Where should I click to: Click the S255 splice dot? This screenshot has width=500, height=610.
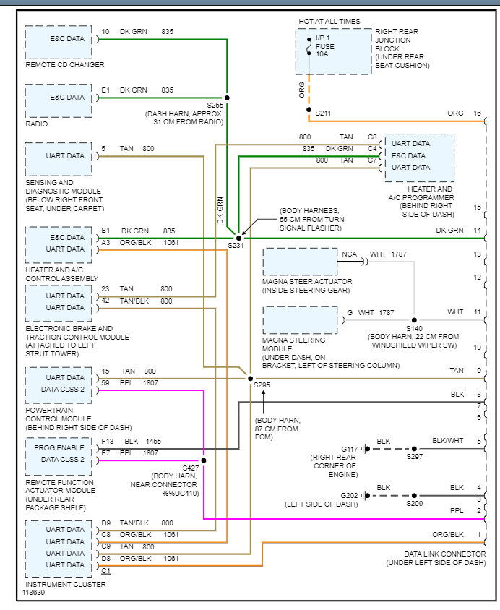(x=227, y=97)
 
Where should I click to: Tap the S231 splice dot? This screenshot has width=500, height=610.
(x=239, y=237)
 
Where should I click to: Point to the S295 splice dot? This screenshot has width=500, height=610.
(x=251, y=378)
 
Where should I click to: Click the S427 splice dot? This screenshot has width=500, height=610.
(x=204, y=460)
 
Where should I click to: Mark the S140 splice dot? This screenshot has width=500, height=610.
(x=414, y=319)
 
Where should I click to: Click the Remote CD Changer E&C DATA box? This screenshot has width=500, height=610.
(x=59, y=43)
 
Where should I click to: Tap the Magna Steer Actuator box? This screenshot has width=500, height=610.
(x=299, y=262)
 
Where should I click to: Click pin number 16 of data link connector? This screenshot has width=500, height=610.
(x=477, y=113)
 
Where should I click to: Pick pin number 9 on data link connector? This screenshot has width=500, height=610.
(x=478, y=371)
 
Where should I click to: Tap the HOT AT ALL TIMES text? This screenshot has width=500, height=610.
(x=329, y=22)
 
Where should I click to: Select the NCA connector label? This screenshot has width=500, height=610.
(x=349, y=254)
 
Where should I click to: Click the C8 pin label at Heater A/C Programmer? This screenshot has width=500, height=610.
(x=372, y=137)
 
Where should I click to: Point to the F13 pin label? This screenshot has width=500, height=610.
(x=107, y=440)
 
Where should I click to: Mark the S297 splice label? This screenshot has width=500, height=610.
(x=414, y=457)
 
